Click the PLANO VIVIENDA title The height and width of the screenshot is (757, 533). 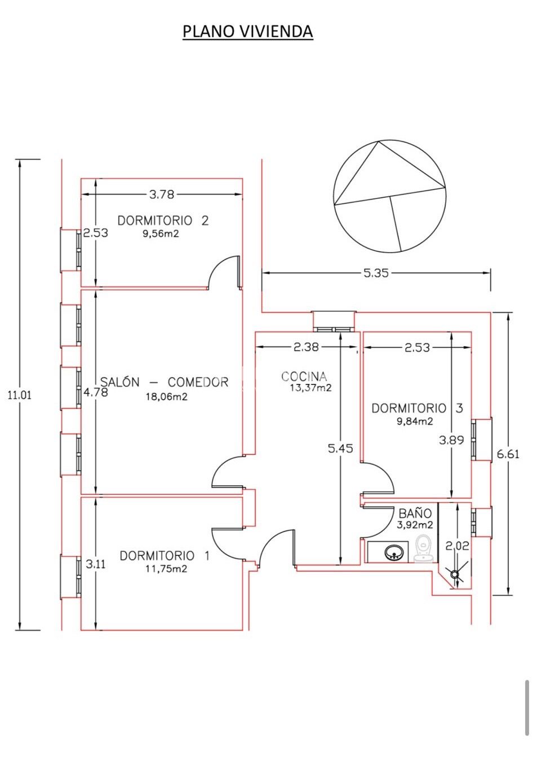point(247,32)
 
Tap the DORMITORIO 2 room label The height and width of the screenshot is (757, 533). point(163,221)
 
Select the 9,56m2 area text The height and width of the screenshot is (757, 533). point(161,233)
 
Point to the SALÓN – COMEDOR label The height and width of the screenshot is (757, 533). point(165,382)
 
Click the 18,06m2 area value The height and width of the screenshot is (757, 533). point(167,396)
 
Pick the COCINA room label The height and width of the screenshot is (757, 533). point(304,376)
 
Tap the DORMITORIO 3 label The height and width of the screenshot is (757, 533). point(417,408)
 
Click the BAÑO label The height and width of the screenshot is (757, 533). point(415,513)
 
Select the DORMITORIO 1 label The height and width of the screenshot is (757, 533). point(165,556)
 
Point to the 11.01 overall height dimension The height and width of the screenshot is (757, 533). point(19,395)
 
